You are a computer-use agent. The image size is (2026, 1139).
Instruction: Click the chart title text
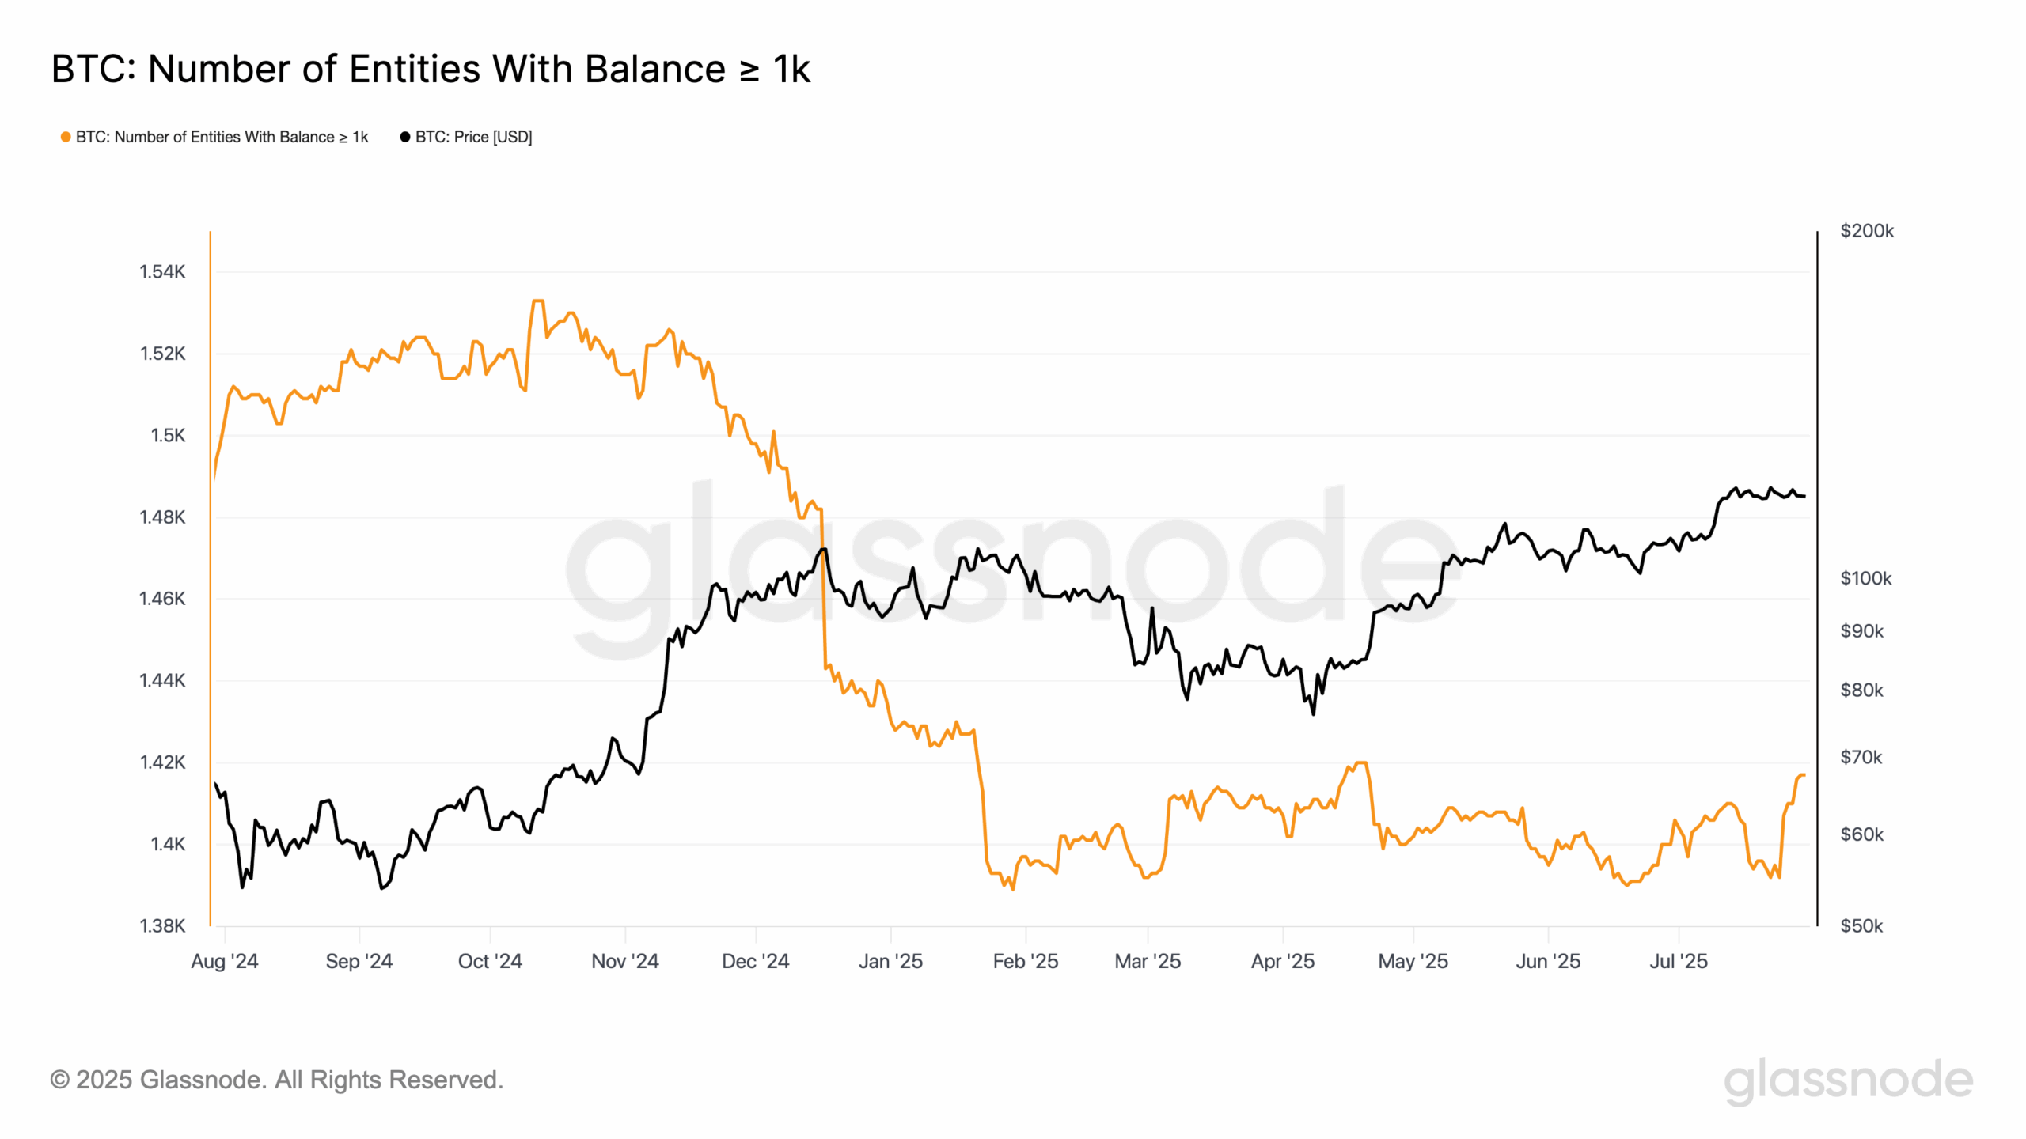click(x=431, y=69)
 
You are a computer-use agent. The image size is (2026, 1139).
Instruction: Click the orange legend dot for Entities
click(x=66, y=137)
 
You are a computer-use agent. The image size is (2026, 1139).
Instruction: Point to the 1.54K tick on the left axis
click(x=162, y=272)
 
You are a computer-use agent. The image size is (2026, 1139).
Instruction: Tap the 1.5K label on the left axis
click(x=168, y=435)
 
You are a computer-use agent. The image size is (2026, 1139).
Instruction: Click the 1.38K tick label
click(x=162, y=925)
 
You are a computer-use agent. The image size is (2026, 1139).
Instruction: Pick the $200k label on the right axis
click(x=1866, y=231)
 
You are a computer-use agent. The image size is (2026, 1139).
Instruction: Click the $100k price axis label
click(x=1865, y=578)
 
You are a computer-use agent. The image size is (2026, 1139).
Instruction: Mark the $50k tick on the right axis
click(x=1861, y=925)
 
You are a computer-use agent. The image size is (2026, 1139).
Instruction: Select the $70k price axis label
click(x=1861, y=757)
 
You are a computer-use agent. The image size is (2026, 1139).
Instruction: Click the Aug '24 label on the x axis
click(x=225, y=961)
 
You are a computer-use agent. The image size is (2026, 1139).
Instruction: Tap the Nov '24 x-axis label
click(x=625, y=961)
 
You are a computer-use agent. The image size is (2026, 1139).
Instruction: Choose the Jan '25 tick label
click(x=890, y=961)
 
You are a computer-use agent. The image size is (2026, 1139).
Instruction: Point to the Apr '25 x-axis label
click(x=1282, y=961)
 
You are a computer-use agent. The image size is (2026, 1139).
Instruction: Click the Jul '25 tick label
click(x=1679, y=961)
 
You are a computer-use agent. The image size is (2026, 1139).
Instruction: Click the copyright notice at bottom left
click(x=277, y=1080)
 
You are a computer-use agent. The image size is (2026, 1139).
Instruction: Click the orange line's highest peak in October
click(x=538, y=301)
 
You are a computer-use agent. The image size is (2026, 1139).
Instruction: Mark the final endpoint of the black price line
click(x=1804, y=497)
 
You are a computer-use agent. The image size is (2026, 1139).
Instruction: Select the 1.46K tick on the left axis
click(x=162, y=599)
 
